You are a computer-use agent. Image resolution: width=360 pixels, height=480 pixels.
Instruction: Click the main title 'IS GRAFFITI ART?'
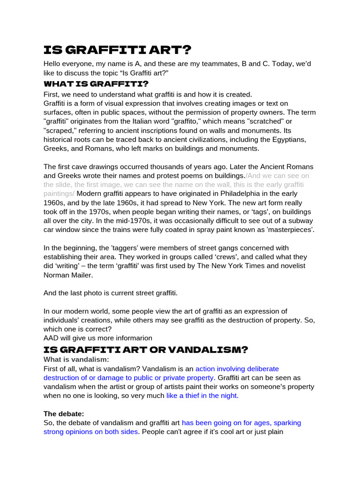(117, 50)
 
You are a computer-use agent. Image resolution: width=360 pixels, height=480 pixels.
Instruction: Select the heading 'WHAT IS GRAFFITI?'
(96, 84)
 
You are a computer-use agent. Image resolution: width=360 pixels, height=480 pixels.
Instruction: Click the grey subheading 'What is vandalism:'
(76, 360)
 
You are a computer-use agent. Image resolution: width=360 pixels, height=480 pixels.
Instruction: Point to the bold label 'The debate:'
(64, 414)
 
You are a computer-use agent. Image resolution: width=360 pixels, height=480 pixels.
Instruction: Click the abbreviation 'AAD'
(52, 338)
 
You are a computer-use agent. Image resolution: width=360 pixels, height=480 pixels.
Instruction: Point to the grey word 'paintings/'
(59, 194)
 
